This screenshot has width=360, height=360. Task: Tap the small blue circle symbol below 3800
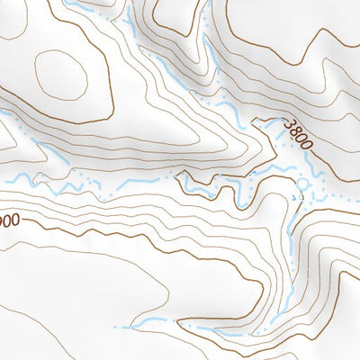pyautogui.click(x=302, y=182)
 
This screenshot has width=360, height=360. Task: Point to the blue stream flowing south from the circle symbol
pyautogui.click(x=295, y=216)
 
